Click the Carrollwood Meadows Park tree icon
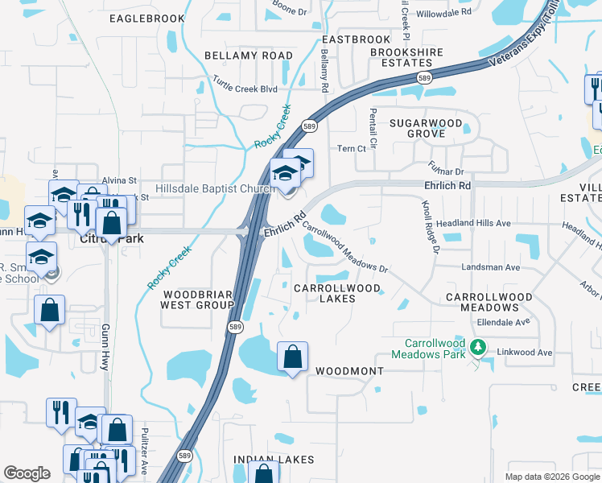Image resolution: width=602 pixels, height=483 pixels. click(x=479, y=347)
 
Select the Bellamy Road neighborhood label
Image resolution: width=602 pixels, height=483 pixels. click(x=249, y=56)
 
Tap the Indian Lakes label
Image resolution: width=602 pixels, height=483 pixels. click(x=266, y=459)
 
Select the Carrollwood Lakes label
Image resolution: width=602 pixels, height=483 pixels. click(x=325, y=293)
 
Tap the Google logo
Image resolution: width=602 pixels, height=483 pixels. click(x=27, y=473)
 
